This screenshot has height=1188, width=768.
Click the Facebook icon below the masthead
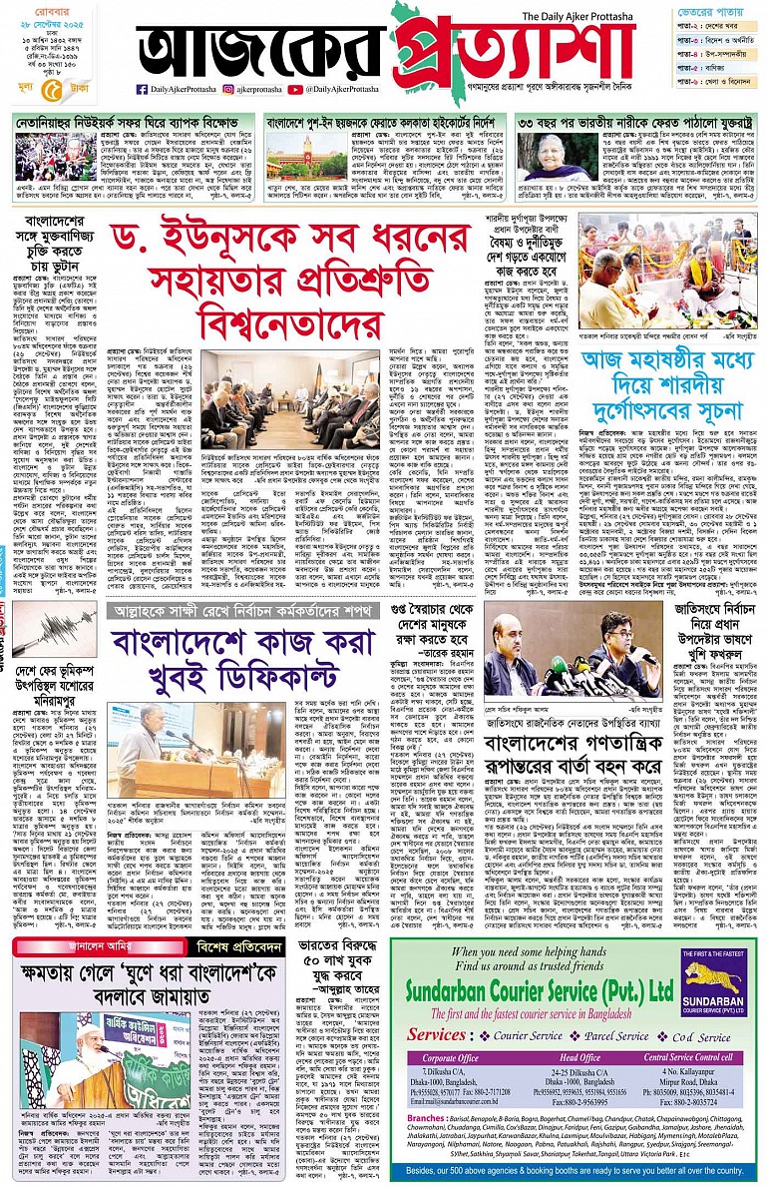click(143, 89)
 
